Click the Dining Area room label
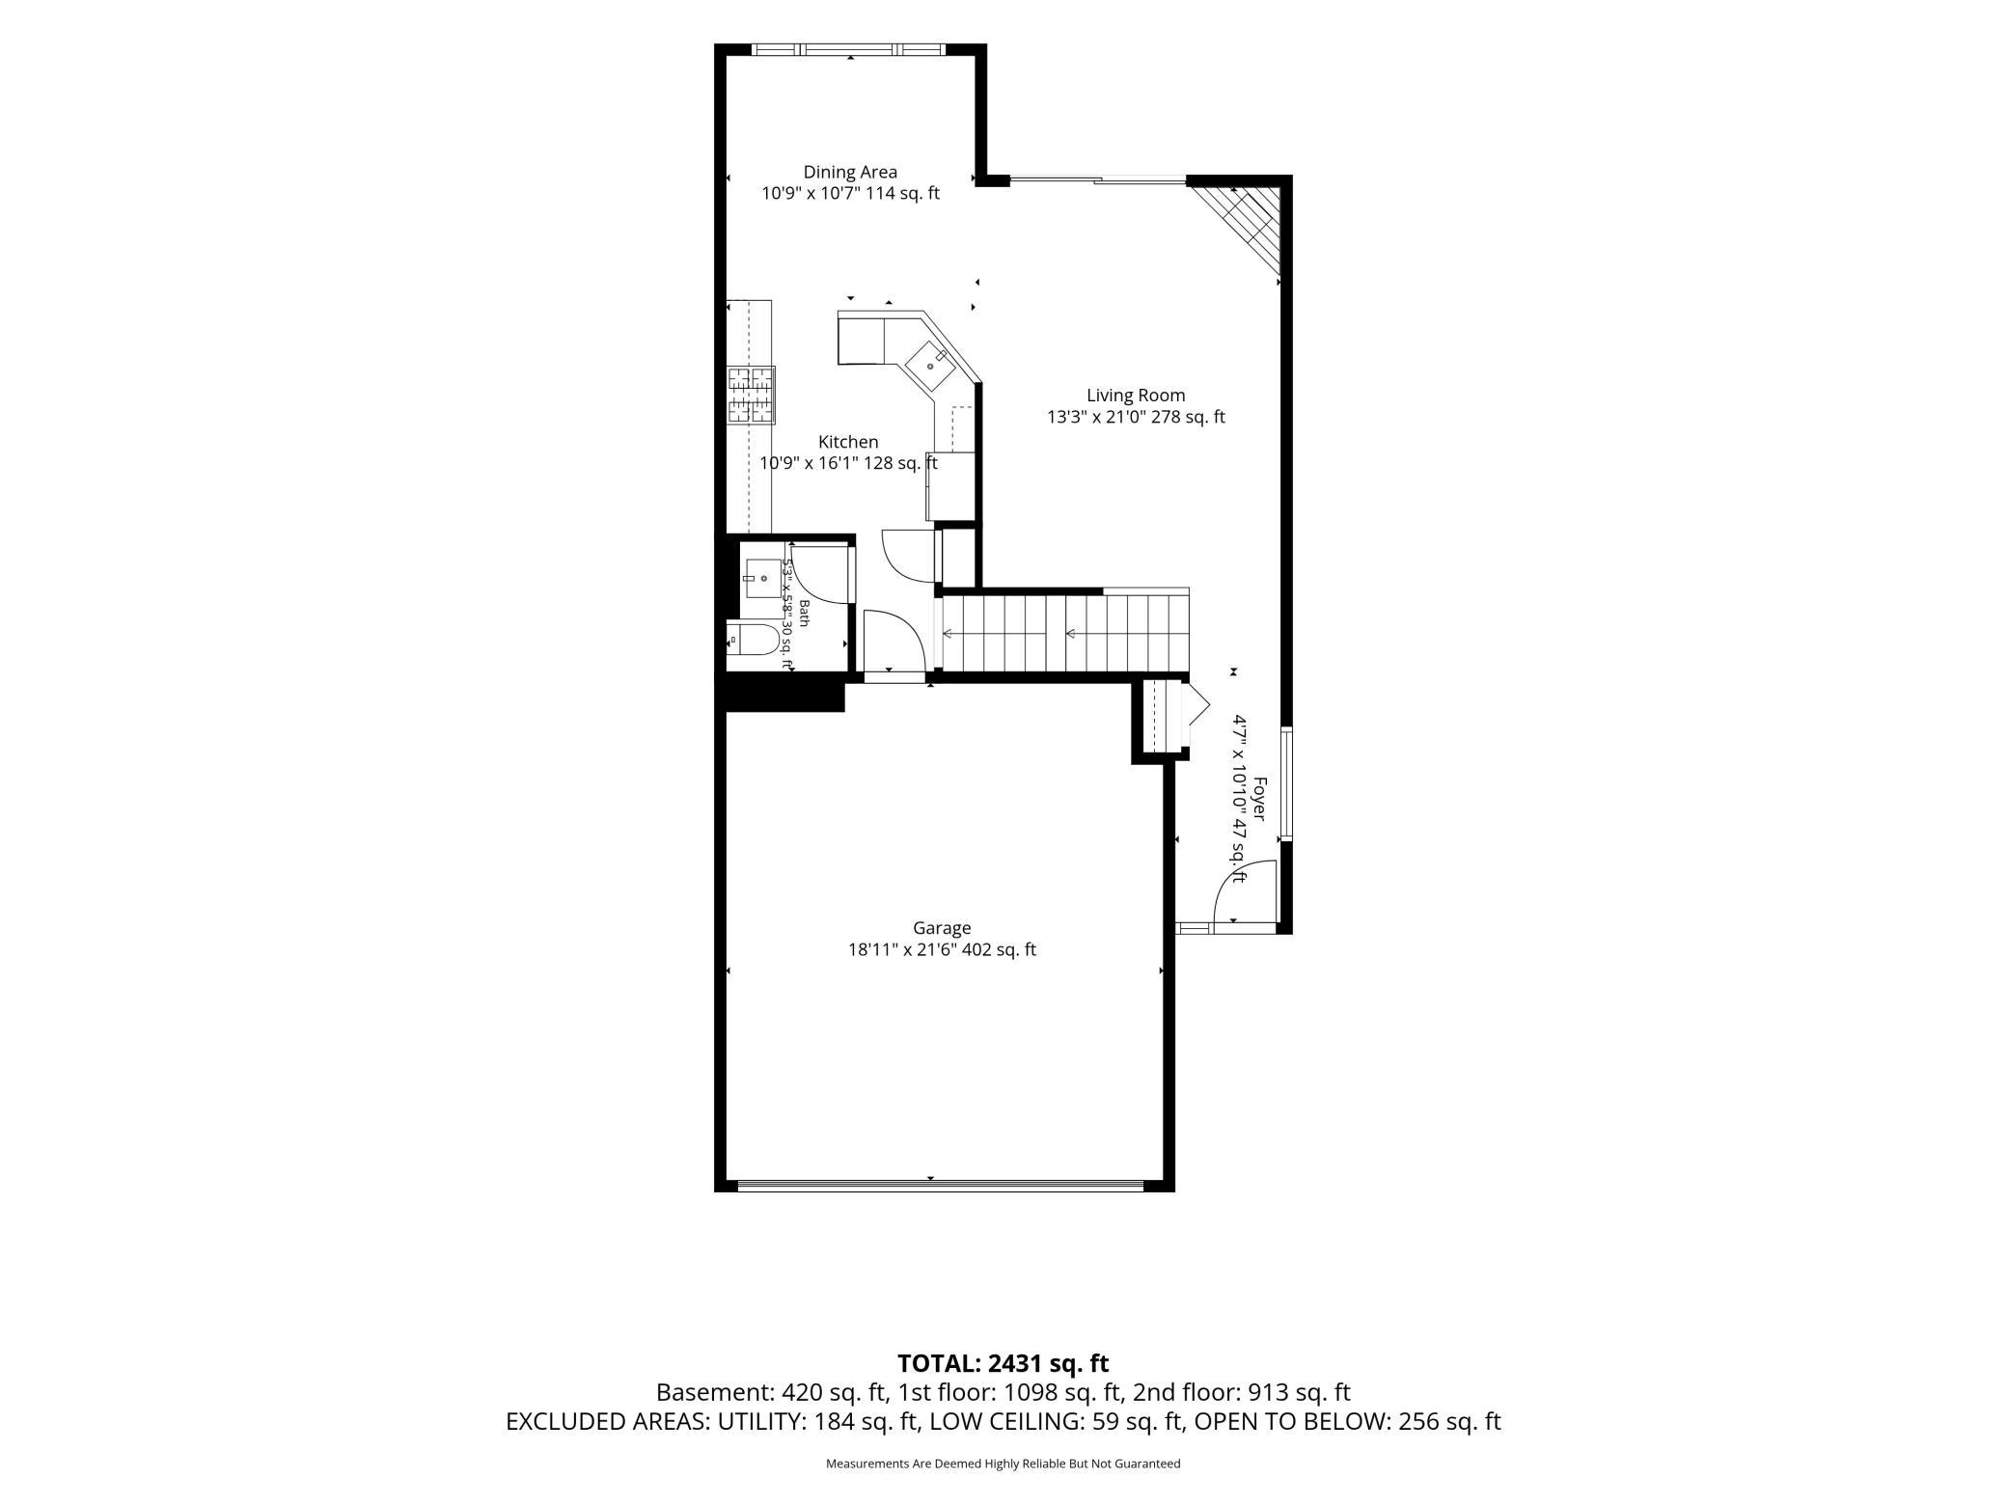click(x=850, y=173)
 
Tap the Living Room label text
click(x=1136, y=396)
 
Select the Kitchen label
click(x=848, y=442)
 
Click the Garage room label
click(x=942, y=928)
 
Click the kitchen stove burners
click(x=751, y=396)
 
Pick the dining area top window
click(x=848, y=49)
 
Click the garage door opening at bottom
click(x=941, y=1185)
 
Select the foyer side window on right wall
click(x=1286, y=783)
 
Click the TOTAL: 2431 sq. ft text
click(x=1003, y=1363)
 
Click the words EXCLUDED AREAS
click(x=609, y=1421)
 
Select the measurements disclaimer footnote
click(x=1003, y=1464)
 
